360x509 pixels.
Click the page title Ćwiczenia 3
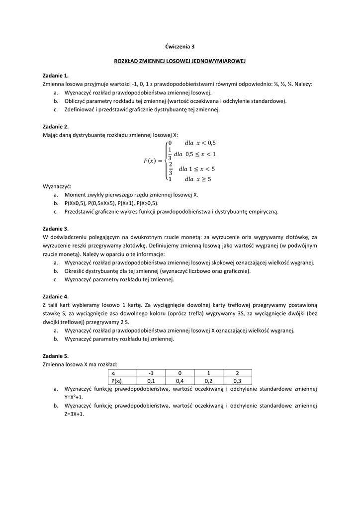[180, 46]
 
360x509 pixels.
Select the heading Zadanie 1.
[56, 76]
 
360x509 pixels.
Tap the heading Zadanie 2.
[56, 126]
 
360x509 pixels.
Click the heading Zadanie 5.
[56, 356]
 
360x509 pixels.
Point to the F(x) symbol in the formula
[149, 161]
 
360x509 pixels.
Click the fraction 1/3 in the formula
[170, 154]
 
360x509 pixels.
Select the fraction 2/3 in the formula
[170, 169]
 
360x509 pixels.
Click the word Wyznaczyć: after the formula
[57, 186]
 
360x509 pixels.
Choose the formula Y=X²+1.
[74, 397]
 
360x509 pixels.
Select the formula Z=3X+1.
[74, 414]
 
